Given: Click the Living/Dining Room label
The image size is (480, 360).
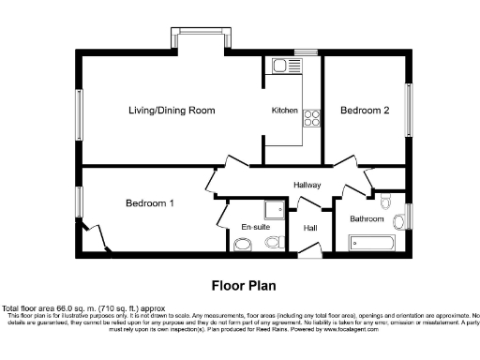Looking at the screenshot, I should pyautogui.click(x=172, y=111).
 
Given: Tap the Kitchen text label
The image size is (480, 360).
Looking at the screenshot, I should pyautogui.click(x=285, y=111).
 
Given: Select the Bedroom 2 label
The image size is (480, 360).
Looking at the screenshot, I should pyautogui.click(x=365, y=111).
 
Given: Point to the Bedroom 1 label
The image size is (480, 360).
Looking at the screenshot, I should pyautogui.click(x=150, y=202).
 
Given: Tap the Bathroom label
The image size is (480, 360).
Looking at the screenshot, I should pyautogui.click(x=367, y=219).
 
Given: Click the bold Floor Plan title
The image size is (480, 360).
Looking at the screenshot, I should pyautogui.click(x=240, y=284).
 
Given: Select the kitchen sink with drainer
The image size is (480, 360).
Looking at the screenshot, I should pyautogui.click(x=281, y=67).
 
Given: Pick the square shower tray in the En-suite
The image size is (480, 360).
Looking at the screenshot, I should pyautogui.click(x=275, y=211).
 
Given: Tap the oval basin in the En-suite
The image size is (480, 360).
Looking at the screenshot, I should pyautogui.click(x=243, y=245).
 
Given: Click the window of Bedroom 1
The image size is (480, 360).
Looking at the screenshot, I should pyautogui.click(x=79, y=201).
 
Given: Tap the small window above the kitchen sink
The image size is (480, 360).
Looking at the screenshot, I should pyautogui.click(x=306, y=52).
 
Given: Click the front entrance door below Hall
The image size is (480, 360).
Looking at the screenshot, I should pyautogui.click(x=308, y=249).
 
